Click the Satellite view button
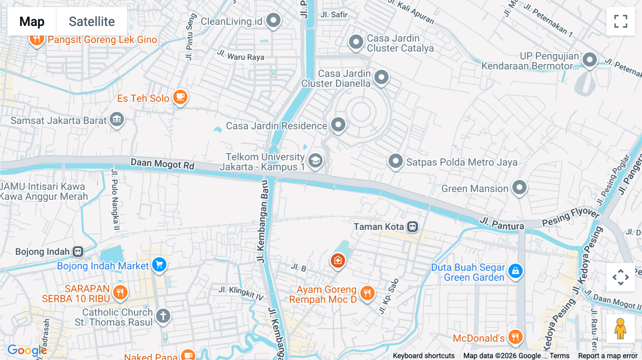(x=92, y=21)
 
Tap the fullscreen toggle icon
(x=621, y=21)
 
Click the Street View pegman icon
(x=620, y=329)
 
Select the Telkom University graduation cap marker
(x=315, y=161)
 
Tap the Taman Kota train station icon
(x=413, y=227)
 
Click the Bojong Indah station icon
(x=78, y=252)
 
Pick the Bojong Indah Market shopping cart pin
(x=159, y=265)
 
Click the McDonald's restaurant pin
(x=515, y=336)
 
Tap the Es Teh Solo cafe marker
(x=180, y=97)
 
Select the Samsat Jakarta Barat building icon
(x=117, y=119)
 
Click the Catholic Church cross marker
(x=163, y=316)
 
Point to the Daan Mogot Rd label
(x=162, y=164)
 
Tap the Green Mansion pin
(x=519, y=187)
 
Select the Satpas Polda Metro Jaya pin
(x=396, y=161)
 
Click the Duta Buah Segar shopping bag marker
(x=515, y=271)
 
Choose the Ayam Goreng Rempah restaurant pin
(x=367, y=293)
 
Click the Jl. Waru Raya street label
(x=241, y=56)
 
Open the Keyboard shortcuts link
(x=423, y=355)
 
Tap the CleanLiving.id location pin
(x=274, y=20)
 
